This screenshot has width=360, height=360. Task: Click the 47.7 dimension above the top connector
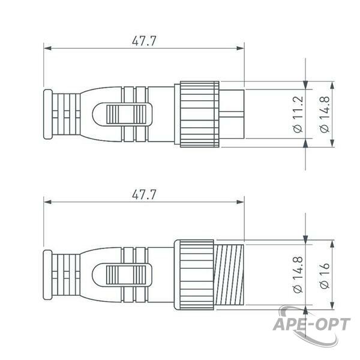tap(144, 41)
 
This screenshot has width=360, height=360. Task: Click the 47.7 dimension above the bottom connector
tap(144, 194)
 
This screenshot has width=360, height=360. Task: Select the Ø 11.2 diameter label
tap(298, 114)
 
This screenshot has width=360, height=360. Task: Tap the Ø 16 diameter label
tap(325, 275)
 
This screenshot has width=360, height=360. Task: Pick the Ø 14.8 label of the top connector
tap(325, 114)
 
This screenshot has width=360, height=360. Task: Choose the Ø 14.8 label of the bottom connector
tap(298, 275)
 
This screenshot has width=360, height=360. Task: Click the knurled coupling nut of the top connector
tap(200, 114)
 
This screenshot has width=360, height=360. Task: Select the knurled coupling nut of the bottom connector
tap(197, 275)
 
